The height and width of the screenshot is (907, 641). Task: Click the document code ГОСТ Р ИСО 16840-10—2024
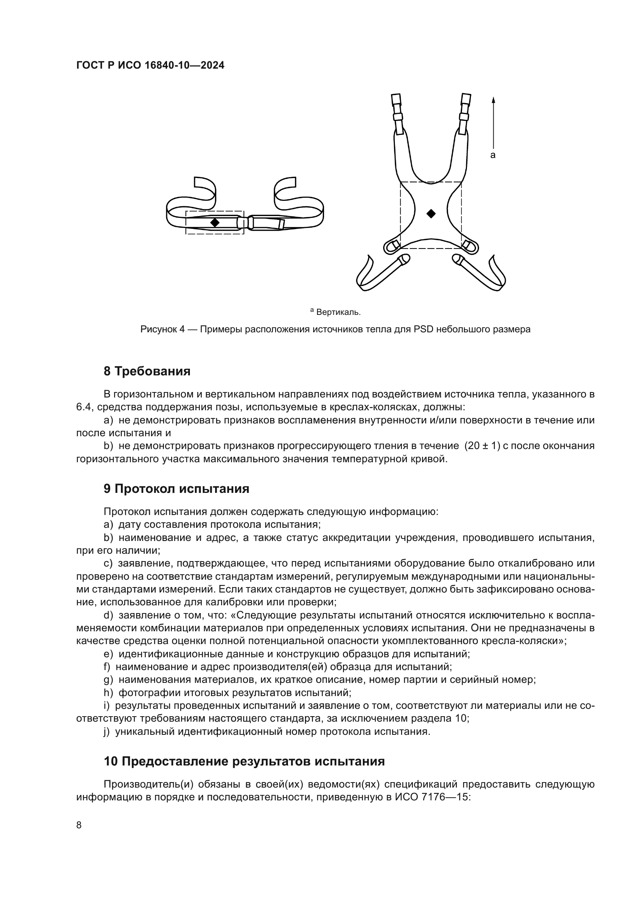tap(150, 66)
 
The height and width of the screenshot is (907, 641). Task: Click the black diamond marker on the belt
tap(215, 223)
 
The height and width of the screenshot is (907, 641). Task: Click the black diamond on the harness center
tap(431, 214)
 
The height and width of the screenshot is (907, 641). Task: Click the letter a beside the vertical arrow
tap(493, 155)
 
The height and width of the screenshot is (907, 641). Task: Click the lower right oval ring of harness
tap(470, 246)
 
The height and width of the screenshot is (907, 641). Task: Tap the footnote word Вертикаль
tap(338, 313)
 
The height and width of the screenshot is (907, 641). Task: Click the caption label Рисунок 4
tap(163, 329)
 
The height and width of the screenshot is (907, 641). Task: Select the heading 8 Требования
tap(147, 371)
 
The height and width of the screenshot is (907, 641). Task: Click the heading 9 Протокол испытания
tap(176, 489)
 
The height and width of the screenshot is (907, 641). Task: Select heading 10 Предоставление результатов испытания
tap(244, 761)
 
